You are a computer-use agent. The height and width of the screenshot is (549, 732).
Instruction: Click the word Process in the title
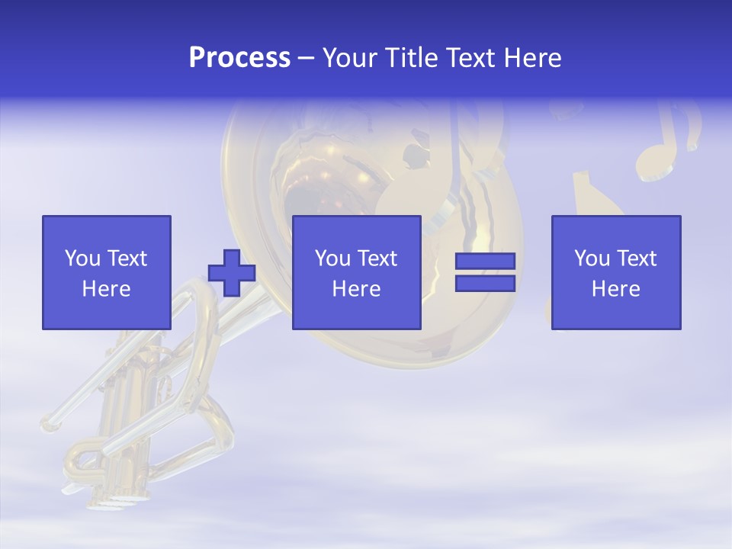pyautogui.click(x=239, y=58)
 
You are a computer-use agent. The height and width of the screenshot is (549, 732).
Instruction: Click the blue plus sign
pyautogui.click(x=232, y=273)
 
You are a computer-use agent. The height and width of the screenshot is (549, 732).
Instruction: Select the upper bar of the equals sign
pyautogui.click(x=485, y=262)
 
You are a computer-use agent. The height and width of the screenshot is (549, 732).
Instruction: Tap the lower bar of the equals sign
pyautogui.click(x=485, y=284)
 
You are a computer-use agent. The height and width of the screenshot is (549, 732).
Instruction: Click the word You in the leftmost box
pyautogui.click(x=82, y=258)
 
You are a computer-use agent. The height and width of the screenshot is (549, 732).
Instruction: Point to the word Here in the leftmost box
pyautogui.click(x=107, y=289)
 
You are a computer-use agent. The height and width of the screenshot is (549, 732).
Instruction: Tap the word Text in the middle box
pyautogui.click(x=377, y=258)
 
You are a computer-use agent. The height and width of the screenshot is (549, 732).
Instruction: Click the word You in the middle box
pyautogui.click(x=332, y=258)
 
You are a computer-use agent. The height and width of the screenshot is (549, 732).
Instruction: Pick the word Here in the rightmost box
pyautogui.click(x=616, y=289)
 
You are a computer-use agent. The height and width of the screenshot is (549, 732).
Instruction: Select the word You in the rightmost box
pyautogui.click(x=592, y=258)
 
